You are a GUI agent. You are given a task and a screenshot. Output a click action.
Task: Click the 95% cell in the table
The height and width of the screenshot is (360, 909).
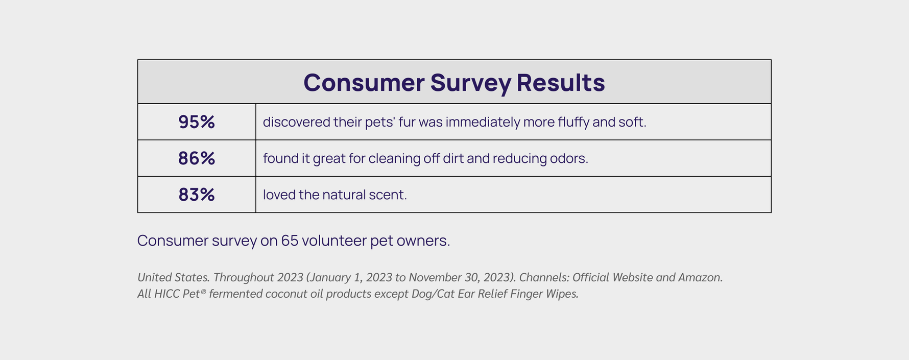(197, 122)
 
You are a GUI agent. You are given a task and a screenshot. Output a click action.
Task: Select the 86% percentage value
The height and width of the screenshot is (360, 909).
(197, 158)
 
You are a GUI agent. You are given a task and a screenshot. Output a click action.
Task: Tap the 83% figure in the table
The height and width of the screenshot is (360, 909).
(197, 195)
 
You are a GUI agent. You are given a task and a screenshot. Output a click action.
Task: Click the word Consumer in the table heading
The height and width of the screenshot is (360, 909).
(364, 82)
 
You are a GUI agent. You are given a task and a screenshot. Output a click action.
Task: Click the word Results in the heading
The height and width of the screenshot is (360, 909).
(561, 82)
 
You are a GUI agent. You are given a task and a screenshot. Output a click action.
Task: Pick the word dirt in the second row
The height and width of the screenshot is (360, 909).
(453, 158)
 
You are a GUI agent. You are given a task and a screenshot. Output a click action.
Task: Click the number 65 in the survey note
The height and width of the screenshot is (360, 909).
(290, 241)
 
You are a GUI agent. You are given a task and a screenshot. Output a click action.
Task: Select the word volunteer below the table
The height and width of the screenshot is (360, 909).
(334, 241)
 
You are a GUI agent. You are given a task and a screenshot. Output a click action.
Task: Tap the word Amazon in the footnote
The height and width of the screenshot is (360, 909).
(701, 277)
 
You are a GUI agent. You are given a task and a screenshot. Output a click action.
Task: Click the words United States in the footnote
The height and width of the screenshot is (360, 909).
(174, 277)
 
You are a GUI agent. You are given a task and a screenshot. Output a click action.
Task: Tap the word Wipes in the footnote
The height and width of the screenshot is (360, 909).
(563, 294)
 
